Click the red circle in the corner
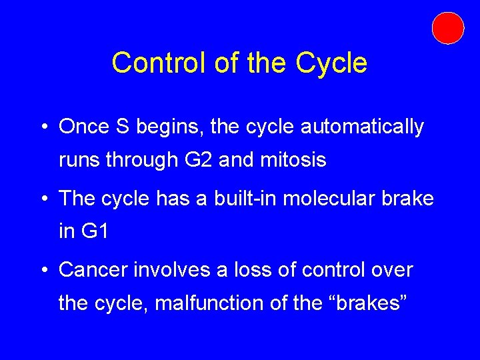pos(447,28)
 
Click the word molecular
pos(341,199)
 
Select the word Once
pos(81,127)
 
